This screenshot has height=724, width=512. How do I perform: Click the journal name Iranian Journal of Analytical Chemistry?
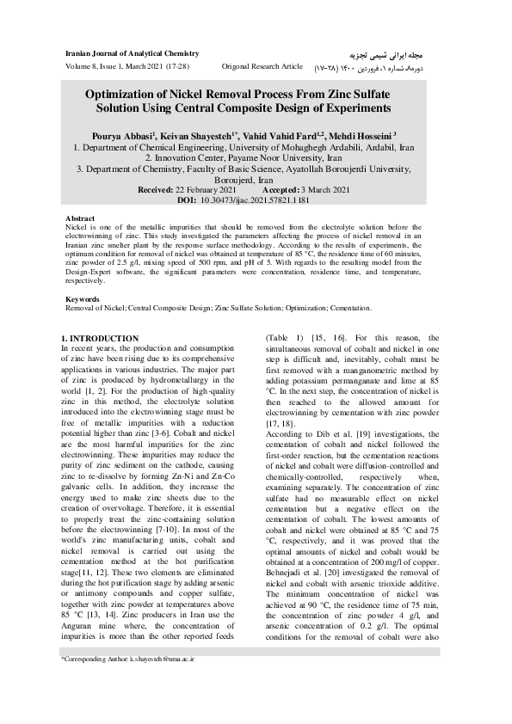point(126,52)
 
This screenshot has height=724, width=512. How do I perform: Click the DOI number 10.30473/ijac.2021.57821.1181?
point(267,199)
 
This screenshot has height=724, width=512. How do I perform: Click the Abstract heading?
point(80,219)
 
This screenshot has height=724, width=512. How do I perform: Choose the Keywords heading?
point(83,299)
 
